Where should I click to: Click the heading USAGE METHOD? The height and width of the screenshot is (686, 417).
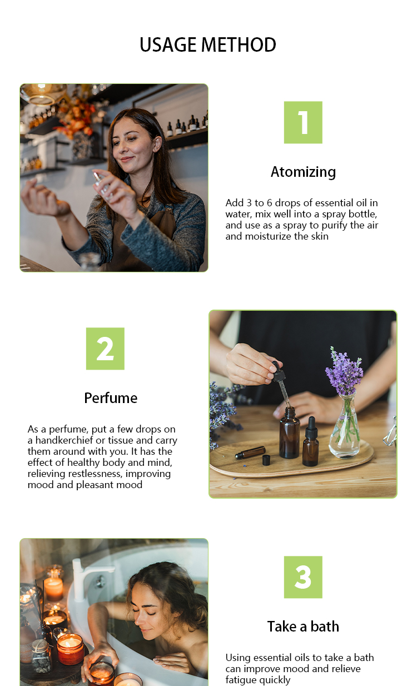(x=208, y=44)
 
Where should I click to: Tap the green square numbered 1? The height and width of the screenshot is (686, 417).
(x=303, y=122)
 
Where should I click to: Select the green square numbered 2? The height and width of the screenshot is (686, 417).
(x=105, y=349)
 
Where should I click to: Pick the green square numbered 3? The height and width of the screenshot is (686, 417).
(x=303, y=577)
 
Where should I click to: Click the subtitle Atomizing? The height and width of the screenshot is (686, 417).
(x=303, y=172)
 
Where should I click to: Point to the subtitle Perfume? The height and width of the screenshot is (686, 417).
(x=111, y=399)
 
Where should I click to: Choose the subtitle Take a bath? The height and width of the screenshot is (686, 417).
(x=303, y=627)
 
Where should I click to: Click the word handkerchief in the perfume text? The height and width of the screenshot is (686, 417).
(x=64, y=440)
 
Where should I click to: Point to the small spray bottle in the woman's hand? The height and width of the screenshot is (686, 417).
(x=103, y=185)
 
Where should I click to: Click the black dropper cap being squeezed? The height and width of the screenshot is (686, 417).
(x=278, y=371)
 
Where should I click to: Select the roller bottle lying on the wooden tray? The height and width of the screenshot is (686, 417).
(x=250, y=452)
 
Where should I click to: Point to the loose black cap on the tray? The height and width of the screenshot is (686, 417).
(x=266, y=460)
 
